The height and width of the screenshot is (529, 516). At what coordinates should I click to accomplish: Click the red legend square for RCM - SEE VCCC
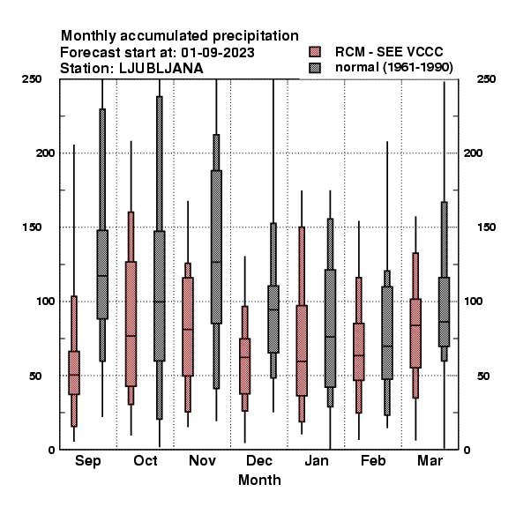tap(315, 52)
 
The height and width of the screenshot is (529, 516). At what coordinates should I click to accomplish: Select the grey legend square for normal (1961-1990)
tap(315, 68)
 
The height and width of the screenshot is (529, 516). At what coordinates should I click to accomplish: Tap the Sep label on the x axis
tap(87, 461)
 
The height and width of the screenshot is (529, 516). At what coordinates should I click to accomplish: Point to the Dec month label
tap(259, 461)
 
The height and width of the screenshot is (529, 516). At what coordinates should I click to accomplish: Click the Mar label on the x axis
tap(430, 461)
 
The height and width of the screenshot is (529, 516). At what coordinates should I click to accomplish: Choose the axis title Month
tap(259, 481)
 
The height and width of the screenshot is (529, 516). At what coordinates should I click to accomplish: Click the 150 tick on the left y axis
tap(32, 227)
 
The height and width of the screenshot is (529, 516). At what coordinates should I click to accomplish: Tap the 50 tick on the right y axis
tap(483, 376)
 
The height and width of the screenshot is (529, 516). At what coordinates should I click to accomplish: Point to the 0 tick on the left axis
tap(51, 450)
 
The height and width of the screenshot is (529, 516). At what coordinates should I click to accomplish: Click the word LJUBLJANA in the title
tap(161, 69)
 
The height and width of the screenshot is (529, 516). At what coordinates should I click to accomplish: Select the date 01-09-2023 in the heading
tap(218, 53)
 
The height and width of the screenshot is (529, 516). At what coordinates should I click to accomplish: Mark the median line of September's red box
tap(74, 375)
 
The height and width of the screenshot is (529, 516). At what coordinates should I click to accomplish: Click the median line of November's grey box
tap(216, 262)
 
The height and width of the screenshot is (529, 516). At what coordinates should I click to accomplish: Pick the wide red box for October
tap(131, 324)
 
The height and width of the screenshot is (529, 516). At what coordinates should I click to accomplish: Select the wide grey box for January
tap(330, 328)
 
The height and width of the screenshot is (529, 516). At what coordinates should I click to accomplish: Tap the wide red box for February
tap(359, 352)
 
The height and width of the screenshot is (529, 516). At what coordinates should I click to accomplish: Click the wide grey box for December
tap(273, 319)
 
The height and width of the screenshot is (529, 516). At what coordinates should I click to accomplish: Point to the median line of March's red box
tap(415, 325)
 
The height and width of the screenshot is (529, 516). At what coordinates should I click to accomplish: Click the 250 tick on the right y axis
tap(486, 79)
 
